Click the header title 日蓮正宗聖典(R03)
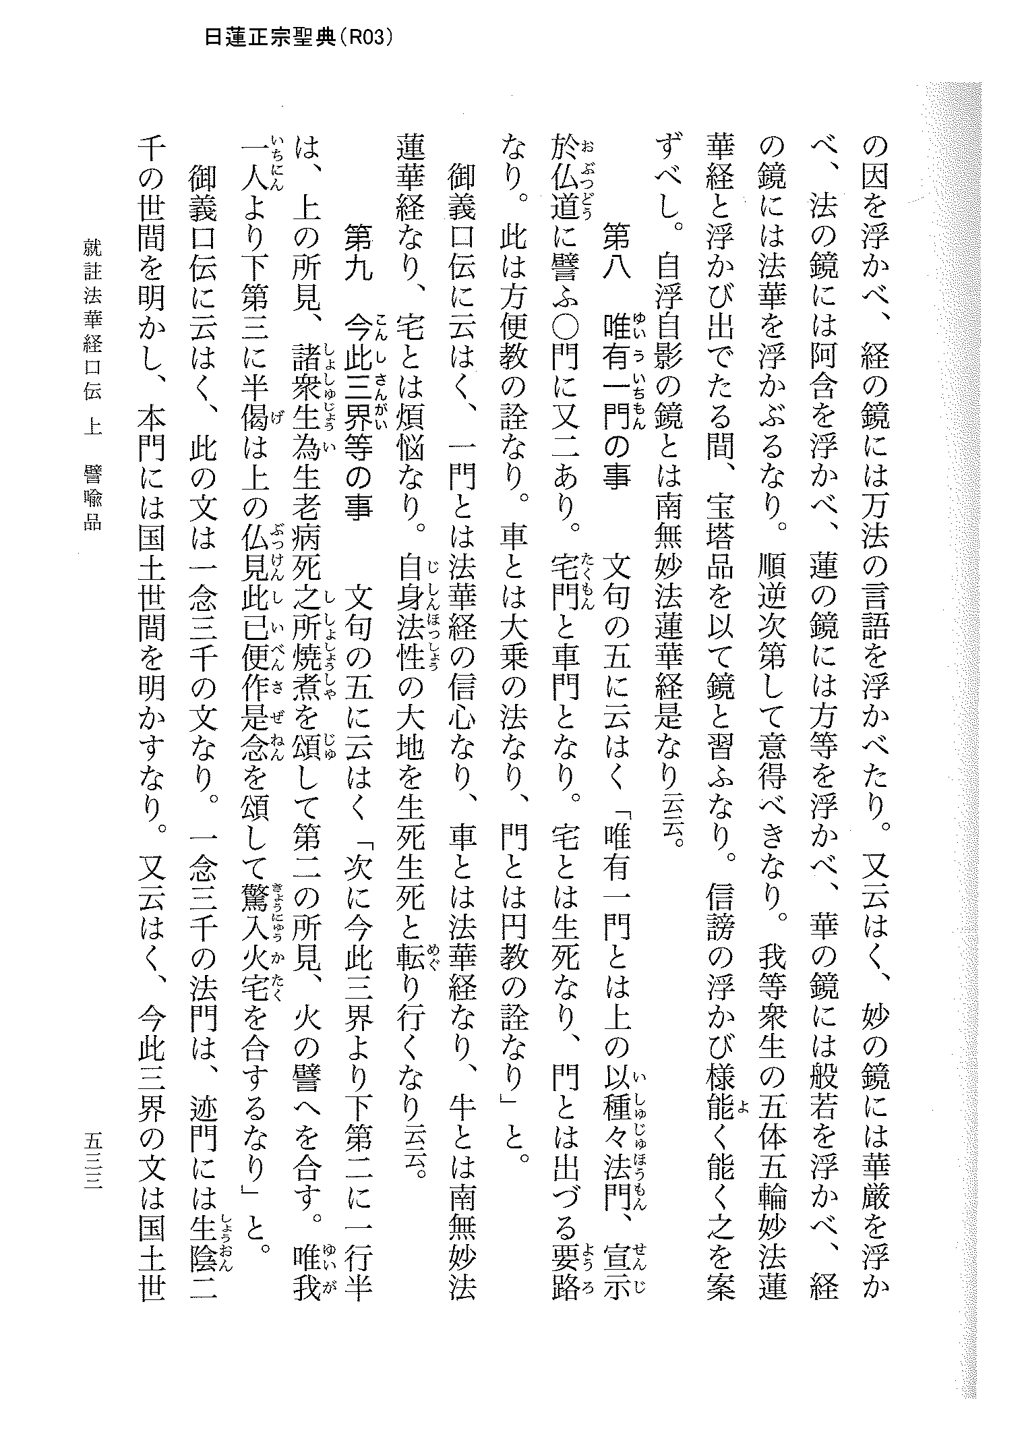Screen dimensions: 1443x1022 pos(297,38)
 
